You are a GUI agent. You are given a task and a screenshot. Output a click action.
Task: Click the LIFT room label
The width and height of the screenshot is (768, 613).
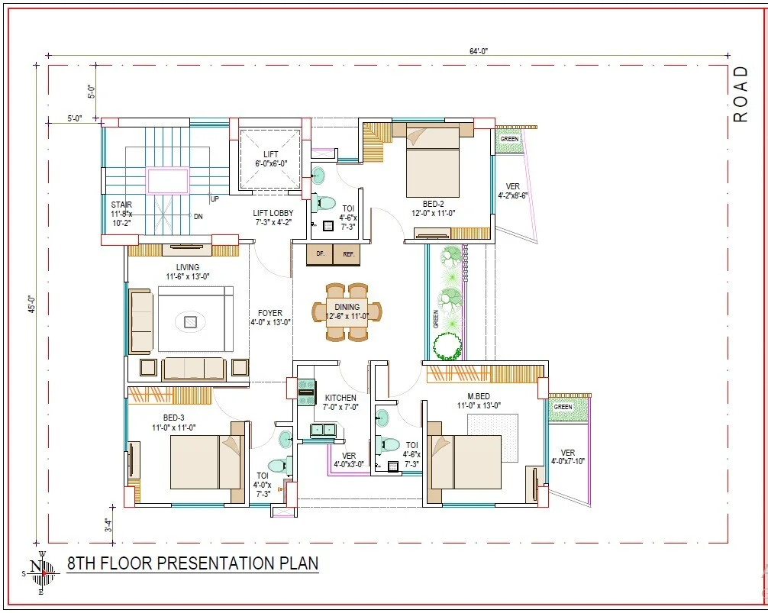[x=270, y=154]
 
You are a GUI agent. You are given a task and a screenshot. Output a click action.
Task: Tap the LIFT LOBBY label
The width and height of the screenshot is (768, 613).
[x=273, y=213]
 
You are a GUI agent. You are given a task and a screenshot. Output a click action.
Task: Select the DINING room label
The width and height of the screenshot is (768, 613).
[x=347, y=307]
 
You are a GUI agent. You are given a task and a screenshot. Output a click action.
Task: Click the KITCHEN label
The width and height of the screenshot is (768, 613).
[x=340, y=398]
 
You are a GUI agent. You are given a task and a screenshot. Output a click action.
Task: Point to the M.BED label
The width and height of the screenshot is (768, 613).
[x=479, y=396]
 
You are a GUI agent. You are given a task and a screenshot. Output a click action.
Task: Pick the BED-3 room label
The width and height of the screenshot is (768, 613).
[x=173, y=418]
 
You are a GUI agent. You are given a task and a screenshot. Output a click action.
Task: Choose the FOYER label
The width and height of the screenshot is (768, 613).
[x=270, y=313]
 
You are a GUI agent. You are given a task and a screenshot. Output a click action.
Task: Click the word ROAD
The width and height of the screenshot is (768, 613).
[x=741, y=94]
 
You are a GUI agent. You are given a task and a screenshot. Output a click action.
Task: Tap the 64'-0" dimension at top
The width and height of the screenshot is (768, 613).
[x=479, y=51]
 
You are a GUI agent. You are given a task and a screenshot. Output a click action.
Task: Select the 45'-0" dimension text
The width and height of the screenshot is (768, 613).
[x=32, y=304]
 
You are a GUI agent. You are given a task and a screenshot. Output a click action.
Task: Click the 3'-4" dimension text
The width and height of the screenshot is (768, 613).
[x=108, y=525]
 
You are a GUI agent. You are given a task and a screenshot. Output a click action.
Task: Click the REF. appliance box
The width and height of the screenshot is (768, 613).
[x=348, y=255]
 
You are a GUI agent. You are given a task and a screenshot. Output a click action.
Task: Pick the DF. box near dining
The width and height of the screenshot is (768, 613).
[x=320, y=255]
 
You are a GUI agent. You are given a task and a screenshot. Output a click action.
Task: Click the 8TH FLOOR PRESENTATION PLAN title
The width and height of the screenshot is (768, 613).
[x=192, y=563]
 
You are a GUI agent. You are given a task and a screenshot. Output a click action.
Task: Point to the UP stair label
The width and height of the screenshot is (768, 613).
[x=215, y=198]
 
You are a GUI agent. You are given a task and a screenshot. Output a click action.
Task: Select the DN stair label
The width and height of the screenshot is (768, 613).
[x=198, y=216]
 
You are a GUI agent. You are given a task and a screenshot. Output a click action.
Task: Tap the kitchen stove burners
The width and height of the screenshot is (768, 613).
[x=306, y=392]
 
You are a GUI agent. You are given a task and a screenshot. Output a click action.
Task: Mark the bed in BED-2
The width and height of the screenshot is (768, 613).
[x=433, y=160]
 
